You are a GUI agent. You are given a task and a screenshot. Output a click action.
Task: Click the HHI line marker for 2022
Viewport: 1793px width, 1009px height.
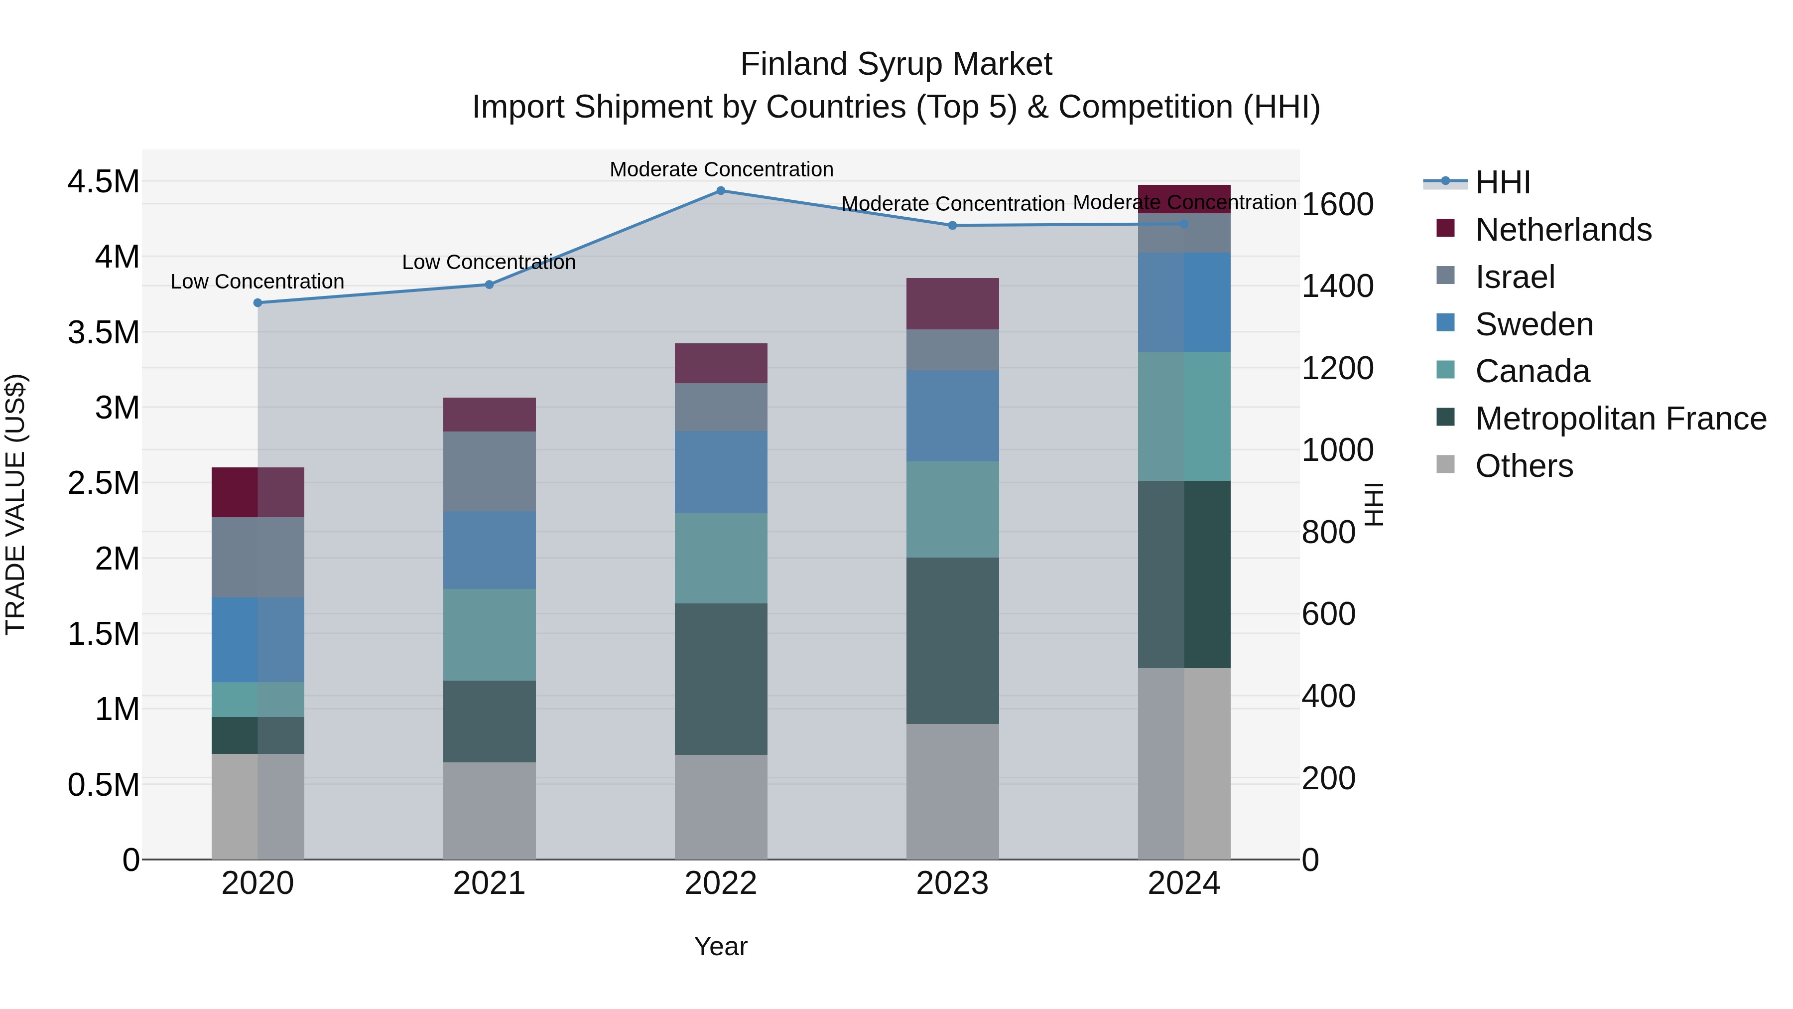(x=720, y=191)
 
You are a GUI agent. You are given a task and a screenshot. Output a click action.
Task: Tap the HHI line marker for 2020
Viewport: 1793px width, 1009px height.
(x=257, y=303)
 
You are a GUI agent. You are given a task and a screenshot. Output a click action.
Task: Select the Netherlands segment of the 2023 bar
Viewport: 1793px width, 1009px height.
(x=952, y=303)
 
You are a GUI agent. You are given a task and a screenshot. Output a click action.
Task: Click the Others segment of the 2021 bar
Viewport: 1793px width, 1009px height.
(x=489, y=811)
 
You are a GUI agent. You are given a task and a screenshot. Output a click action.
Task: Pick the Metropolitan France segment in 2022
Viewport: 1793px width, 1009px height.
(x=720, y=679)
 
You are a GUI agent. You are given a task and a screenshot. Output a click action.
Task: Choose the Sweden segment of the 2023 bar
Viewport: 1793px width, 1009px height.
(x=952, y=416)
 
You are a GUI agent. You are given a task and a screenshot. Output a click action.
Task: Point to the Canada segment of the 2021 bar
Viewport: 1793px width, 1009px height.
(x=489, y=634)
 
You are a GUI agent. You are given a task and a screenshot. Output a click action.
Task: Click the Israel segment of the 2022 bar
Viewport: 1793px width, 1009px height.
(x=720, y=407)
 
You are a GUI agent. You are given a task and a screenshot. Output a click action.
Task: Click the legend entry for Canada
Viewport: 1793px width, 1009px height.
(x=1532, y=371)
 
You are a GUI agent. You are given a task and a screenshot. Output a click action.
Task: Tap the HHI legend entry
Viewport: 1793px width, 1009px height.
(x=1502, y=182)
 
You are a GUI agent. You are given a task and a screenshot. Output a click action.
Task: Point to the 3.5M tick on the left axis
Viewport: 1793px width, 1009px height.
(x=103, y=332)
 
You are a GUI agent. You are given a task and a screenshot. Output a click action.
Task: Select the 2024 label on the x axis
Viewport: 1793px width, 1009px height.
(x=1183, y=883)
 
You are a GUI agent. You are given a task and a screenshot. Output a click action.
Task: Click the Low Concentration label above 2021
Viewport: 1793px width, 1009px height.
(x=489, y=263)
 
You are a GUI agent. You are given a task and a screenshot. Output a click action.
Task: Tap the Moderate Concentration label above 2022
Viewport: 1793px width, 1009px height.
(x=721, y=169)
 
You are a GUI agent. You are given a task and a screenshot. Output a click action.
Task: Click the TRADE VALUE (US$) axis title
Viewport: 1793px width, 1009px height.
(x=15, y=504)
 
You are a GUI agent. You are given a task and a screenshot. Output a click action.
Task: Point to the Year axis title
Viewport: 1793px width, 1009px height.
(x=720, y=946)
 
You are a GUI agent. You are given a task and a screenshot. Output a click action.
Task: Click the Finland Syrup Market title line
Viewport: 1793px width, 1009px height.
(x=896, y=64)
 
